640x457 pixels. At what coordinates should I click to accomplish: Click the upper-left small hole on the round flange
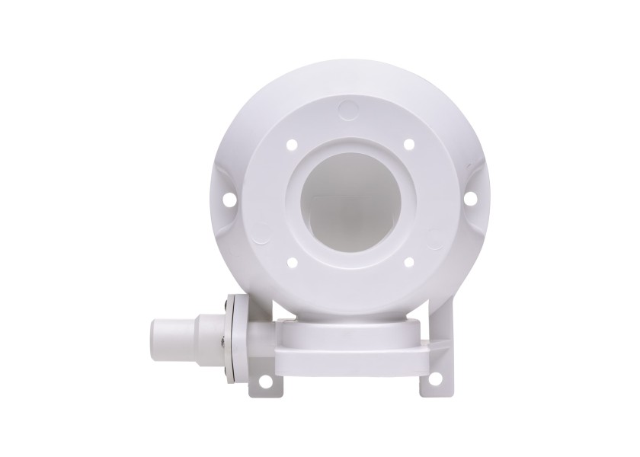291,143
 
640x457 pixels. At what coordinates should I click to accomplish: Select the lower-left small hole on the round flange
291,262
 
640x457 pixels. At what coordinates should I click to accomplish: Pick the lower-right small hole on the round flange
409,262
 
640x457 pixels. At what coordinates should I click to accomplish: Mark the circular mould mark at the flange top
347,110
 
